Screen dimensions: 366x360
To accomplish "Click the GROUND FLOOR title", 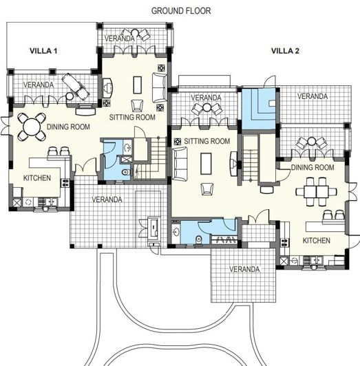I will (x=181, y=11).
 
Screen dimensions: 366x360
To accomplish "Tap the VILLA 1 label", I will (x=43, y=51).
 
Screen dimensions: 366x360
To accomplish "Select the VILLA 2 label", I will (x=285, y=51).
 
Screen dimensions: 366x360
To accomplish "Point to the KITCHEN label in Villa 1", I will (x=37, y=178).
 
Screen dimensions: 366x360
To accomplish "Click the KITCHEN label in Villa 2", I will (x=317, y=241).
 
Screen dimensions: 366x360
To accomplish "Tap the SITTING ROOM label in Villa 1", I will (x=133, y=118).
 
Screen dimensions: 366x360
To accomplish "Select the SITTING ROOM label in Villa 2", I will (x=207, y=141).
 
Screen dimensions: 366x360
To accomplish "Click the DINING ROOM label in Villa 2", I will (x=313, y=167).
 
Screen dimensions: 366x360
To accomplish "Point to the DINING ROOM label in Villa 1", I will (x=68, y=127).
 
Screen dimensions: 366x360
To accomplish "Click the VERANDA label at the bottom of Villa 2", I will (x=245, y=268).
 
